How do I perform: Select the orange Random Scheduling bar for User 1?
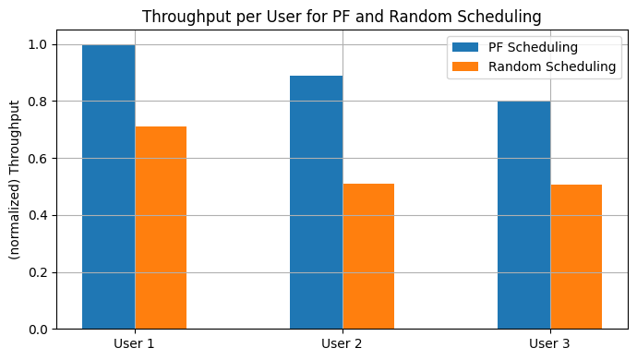pos(161,227)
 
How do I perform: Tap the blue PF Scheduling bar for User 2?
pos(316,202)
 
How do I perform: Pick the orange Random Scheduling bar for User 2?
pos(368,256)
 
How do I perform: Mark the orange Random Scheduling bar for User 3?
pos(576,257)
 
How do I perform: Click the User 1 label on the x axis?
pos(135,344)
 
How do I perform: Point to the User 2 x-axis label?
pos(343,344)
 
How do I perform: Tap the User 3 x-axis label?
pos(550,344)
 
